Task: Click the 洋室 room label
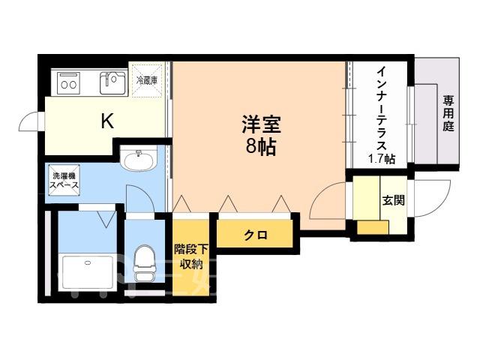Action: [x=261, y=124]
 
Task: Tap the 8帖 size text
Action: [x=261, y=147]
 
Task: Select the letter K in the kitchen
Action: [x=108, y=121]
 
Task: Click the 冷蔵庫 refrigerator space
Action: [x=146, y=80]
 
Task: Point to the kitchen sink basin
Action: [x=112, y=82]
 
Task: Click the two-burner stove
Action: [x=68, y=82]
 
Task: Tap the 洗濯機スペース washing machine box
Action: [x=64, y=180]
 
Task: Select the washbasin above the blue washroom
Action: [x=139, y=158]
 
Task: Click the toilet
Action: [x=144, y=263]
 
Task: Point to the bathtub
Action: [x=87, y=272]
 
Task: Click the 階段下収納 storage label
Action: [x=191, y=256]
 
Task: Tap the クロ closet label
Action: [x=256, y=235]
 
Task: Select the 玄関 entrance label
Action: [x=393, y=200]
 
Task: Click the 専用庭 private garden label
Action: [x=448, y=113]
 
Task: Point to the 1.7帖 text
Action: [x=382, y=159]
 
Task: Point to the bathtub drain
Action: [x=88, y=262]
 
